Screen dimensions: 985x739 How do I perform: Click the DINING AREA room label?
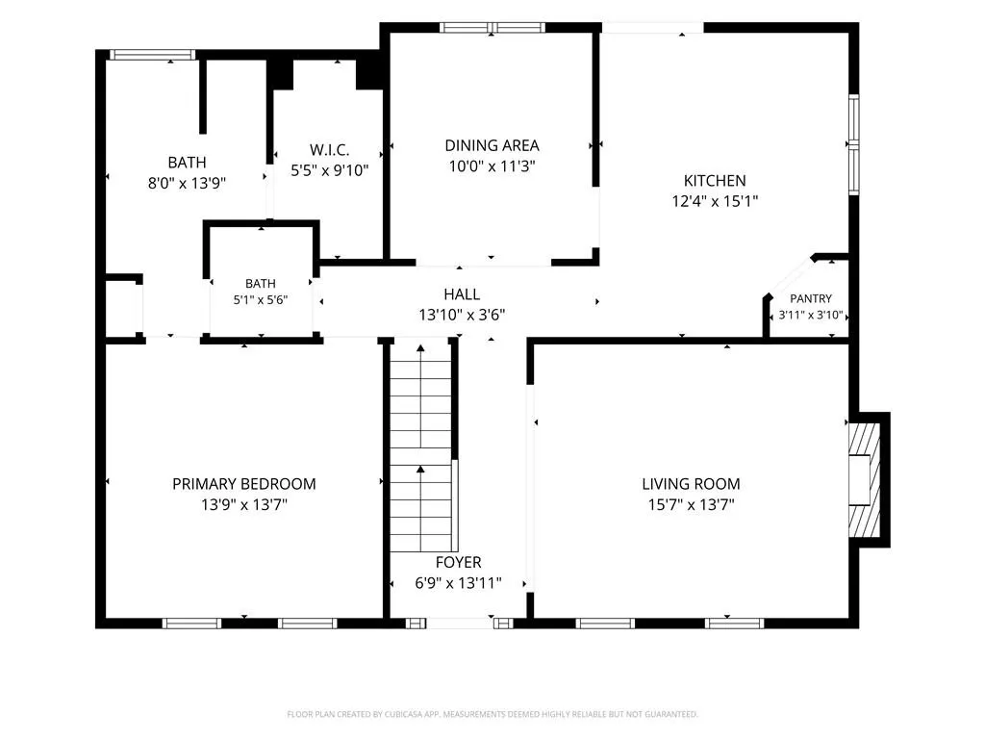click(492, 146)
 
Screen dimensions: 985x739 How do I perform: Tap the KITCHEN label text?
click(715, 181)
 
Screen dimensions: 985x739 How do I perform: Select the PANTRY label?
click(811, 298)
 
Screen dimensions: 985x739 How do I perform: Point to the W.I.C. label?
click(329, 150)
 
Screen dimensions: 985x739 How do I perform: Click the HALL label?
click(462, 294)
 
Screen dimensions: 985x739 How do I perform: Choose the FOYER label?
click(459, 562)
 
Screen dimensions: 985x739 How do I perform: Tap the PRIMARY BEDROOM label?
click(243, 484)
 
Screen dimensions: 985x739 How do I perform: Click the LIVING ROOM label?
click(691, 484)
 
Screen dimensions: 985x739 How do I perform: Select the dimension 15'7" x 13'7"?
click(691, 504)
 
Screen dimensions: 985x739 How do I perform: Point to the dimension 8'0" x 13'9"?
click(187, 184)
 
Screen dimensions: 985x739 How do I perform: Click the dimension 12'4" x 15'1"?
click(715, 201)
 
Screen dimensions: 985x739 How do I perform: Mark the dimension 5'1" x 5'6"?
click(261, 300)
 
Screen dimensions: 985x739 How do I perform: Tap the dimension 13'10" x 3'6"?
click(462, 315)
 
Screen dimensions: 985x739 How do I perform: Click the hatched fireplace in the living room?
click(865, 479)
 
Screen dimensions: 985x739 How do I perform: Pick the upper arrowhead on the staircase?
click(420, 347)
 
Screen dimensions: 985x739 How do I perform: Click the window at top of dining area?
click(492, 27)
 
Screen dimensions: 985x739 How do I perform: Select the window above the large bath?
click(153, 55)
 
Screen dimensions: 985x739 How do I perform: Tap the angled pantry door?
click(791, 276)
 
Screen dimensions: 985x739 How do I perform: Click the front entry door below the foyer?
click(460, 624)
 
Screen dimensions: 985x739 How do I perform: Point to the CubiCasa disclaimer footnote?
click(492, 714)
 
